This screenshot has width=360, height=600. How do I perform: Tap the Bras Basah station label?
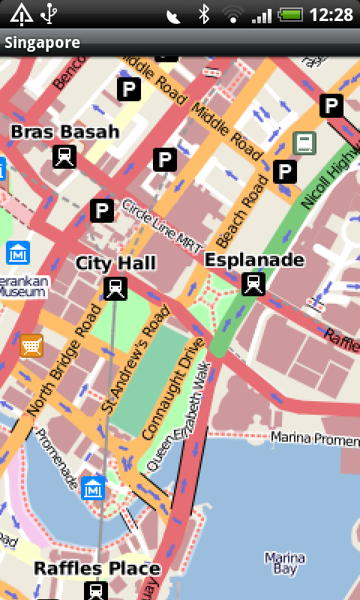[x=64, y=132]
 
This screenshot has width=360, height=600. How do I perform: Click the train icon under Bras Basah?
[x=64, y=157]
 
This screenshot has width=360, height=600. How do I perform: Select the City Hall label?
[x=115, y=262]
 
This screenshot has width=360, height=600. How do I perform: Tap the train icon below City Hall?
[x=115, y=288]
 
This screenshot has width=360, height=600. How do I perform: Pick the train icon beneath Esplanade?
[x=254, y=283]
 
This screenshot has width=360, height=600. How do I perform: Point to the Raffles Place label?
[x=97, y=568]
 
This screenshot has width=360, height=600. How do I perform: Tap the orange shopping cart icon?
[x=31, y=345]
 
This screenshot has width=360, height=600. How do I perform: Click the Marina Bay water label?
[x=285, y=564]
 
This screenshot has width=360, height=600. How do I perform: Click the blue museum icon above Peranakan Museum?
[x=17, y=253]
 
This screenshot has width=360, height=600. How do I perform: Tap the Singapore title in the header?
[x=42, y=43]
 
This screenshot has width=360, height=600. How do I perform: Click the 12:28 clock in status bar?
[x=331, y=14]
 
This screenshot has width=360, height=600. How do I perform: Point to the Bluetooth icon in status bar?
[x=203, y=14]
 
